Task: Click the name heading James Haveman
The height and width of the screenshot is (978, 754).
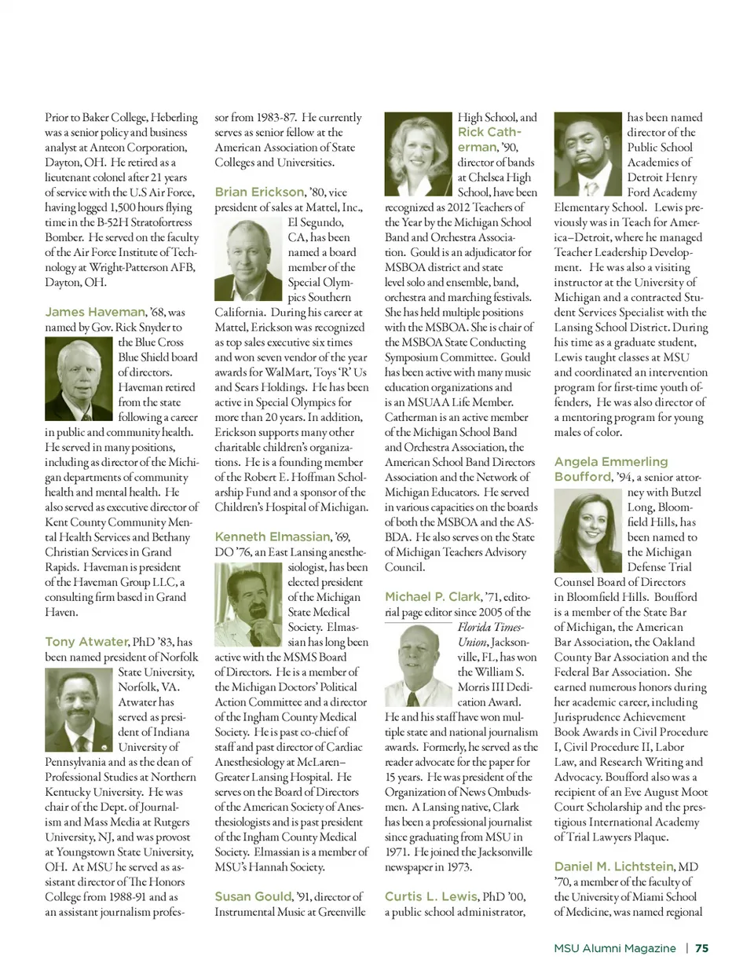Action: [x=95, y=312]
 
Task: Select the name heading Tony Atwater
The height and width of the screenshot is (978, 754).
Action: [x=86, y=642]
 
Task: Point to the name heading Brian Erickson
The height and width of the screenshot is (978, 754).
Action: [x=259, y=192]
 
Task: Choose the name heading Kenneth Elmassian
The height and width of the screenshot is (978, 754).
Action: [x=273, y=537]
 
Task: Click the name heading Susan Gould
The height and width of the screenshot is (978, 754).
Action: [x=254, y=896]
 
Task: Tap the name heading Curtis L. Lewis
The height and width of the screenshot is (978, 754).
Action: [x=431, y=896]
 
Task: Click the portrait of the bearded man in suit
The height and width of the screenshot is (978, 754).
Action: [x=587, y=154]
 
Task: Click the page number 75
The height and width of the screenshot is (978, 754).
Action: [x=701, y=948]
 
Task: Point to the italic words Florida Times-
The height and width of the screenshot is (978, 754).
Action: [x=491, y=627]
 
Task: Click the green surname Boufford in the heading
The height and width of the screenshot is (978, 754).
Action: [x=582, y=477]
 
